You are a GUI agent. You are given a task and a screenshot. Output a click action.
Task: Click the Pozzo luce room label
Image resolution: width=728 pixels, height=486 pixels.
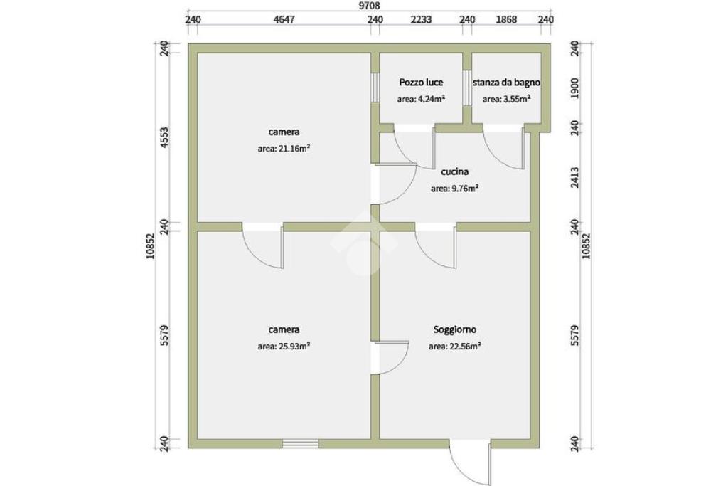pyautogui.click(x=421, y=83)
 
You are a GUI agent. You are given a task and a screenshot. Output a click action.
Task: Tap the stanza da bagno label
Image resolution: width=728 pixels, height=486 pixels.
pyautogui.click(x=506, y=83)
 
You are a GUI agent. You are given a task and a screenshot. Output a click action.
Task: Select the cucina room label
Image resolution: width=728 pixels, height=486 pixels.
pyautogui.click(x=454, y=171)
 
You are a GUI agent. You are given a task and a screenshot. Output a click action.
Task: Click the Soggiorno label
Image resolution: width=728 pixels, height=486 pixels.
pyautogui.click(x=454, y=329)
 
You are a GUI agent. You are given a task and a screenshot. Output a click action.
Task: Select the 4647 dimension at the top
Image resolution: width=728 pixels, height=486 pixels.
pyautogui.click(x=284, y=19)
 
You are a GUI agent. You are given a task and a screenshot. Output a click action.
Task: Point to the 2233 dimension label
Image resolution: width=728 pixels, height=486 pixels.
pyautogui.click(x=421, y=19)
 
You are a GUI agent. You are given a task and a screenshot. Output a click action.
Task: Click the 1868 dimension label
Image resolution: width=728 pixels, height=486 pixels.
pyautogui.click(x=506, y=19)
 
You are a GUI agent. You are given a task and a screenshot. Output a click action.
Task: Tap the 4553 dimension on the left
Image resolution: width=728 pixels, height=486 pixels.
pyautogui.click(x=163, y=137)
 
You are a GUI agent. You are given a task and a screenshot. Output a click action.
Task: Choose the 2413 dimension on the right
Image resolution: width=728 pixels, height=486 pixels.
pyautogui.click(x=574, y=177)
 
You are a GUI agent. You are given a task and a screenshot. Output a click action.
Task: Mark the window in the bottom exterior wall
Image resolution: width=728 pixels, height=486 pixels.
pyautogui.click(x=301, y=444)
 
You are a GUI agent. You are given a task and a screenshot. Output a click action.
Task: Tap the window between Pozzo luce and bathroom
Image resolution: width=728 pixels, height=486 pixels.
pyautogui.click(x=467, y=88)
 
